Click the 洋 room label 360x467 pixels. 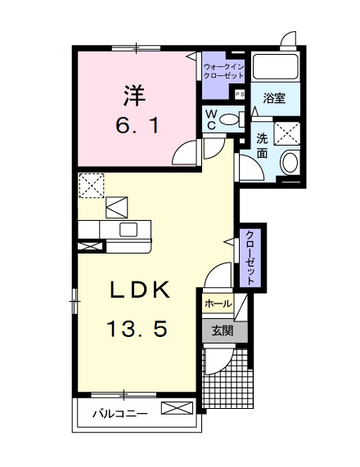tap(135, 96)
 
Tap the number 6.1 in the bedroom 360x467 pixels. tap(137, 126)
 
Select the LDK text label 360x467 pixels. tap(140, 290)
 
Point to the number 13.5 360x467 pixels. tap(137, 328)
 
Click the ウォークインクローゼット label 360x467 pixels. tap(223, 71)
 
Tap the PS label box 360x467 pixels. tap(240, 94)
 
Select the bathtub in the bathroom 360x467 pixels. tap(276, 66)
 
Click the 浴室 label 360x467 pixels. tap(274, 98)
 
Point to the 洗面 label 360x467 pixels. tap(263, 146)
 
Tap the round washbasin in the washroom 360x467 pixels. tap(290, 163)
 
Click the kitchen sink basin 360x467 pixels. tap(128, 230)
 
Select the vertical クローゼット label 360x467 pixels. tap(250, 258)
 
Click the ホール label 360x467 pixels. tap(218, 303)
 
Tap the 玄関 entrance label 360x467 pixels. tap(223, 330)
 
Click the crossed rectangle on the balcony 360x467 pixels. tap(177, 408)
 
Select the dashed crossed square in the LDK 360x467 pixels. tap(92, 186)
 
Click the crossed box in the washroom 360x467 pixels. tap(286, 133)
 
